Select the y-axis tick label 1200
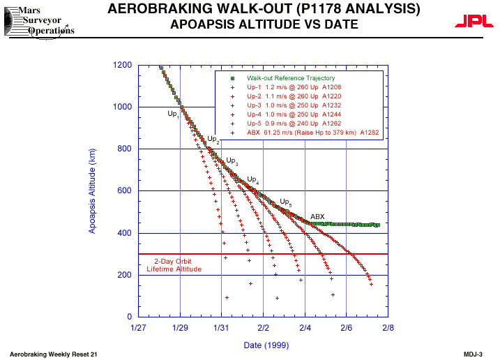point(123,65)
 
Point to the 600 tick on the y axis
point(125,191)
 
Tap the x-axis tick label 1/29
point(180,327)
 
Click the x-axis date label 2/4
point(305,327)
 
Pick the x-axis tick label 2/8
point(387,327)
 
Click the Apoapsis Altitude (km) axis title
point(92,190)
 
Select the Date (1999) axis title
point(264,345)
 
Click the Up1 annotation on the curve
point(173,113)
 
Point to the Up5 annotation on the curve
point(285,202)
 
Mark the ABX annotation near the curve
point(317,217)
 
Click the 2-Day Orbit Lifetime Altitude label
point(174,265)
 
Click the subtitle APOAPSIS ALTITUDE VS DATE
point(264,25)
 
